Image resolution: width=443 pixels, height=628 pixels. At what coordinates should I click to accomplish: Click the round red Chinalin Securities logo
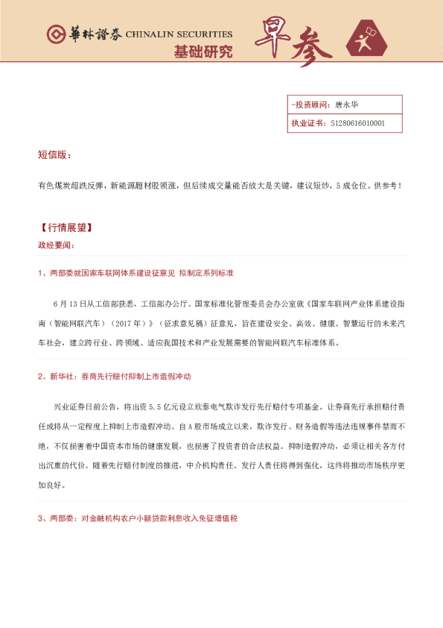57,34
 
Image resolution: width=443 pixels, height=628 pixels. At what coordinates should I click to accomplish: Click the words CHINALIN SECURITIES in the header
179,34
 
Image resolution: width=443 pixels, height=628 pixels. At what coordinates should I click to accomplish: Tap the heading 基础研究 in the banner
203,51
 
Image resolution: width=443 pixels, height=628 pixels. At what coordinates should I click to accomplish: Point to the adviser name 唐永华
347,104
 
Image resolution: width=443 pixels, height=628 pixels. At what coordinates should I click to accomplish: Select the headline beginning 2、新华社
119,377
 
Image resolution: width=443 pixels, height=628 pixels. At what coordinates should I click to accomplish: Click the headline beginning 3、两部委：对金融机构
138,518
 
